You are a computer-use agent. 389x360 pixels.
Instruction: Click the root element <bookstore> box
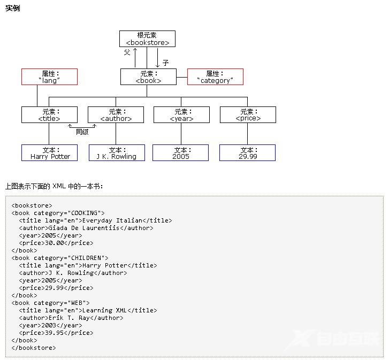coord(147,39)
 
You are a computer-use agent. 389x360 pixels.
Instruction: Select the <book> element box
coord(148,76)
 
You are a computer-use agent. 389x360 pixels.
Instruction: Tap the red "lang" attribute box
coord(49,76)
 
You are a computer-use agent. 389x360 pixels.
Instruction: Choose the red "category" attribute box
coord(215,76)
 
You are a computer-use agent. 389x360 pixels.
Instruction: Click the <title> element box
coord(49,114)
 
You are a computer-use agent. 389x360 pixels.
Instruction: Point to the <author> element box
coord(116,114)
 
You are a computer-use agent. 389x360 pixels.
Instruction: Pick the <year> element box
coord(181,114)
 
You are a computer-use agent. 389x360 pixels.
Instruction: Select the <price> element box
coord(248,114)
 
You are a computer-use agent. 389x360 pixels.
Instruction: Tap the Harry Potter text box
coord(50,153)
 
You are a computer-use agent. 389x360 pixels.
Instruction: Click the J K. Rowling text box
coord(117,153)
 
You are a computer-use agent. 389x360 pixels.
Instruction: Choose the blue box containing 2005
coord(181,153)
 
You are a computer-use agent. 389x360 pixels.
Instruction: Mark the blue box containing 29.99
coord(247,153)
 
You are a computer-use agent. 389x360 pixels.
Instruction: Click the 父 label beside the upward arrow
coord(127,52)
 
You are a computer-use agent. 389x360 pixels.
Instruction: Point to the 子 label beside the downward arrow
coord(166,63)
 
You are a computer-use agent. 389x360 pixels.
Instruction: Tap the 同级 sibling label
coord(82,132)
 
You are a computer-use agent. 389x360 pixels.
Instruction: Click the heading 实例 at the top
coord(12,9)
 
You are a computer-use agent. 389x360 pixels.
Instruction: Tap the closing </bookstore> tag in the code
coord(33,348)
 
